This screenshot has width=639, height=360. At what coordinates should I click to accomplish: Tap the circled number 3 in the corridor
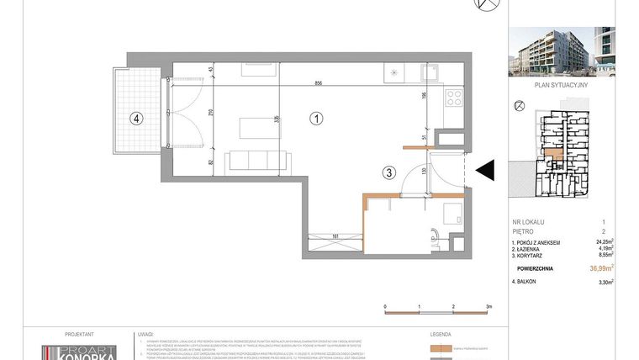pyautogui.click(x=388, y=174)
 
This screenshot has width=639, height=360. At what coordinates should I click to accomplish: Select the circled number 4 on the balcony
pyautogui.click(x=135, y=119)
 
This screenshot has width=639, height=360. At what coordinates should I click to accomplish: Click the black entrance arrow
pyautogui.click(x=485, y=171)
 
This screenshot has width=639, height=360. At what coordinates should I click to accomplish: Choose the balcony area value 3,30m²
pyautogui.click(x=604, y=283)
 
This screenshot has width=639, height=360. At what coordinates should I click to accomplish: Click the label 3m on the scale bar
pyautogui.click(x=488, y=308)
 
